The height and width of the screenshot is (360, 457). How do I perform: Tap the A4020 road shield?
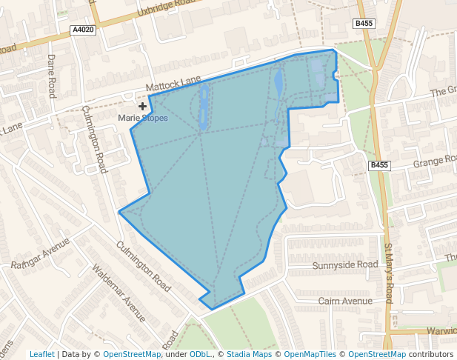(84, 30)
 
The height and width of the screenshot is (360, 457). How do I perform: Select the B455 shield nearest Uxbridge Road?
(364, 24)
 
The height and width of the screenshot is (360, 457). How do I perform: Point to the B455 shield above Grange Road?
(378, 164)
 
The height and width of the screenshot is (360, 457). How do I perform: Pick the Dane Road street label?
(52, 76)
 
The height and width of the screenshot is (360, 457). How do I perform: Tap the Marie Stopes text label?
(143, 118)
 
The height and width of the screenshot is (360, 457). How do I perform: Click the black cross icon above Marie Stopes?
(142, 107)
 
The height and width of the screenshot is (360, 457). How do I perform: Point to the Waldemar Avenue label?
(119, 293)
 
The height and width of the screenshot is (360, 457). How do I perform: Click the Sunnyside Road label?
(345, 264)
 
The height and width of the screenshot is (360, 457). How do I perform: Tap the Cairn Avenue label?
(345, 301)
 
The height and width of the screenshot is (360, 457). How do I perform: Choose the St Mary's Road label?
(388, 272)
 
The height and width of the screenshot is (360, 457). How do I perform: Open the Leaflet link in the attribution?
(41, 354)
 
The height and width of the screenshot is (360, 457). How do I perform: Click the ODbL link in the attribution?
(200, 354)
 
